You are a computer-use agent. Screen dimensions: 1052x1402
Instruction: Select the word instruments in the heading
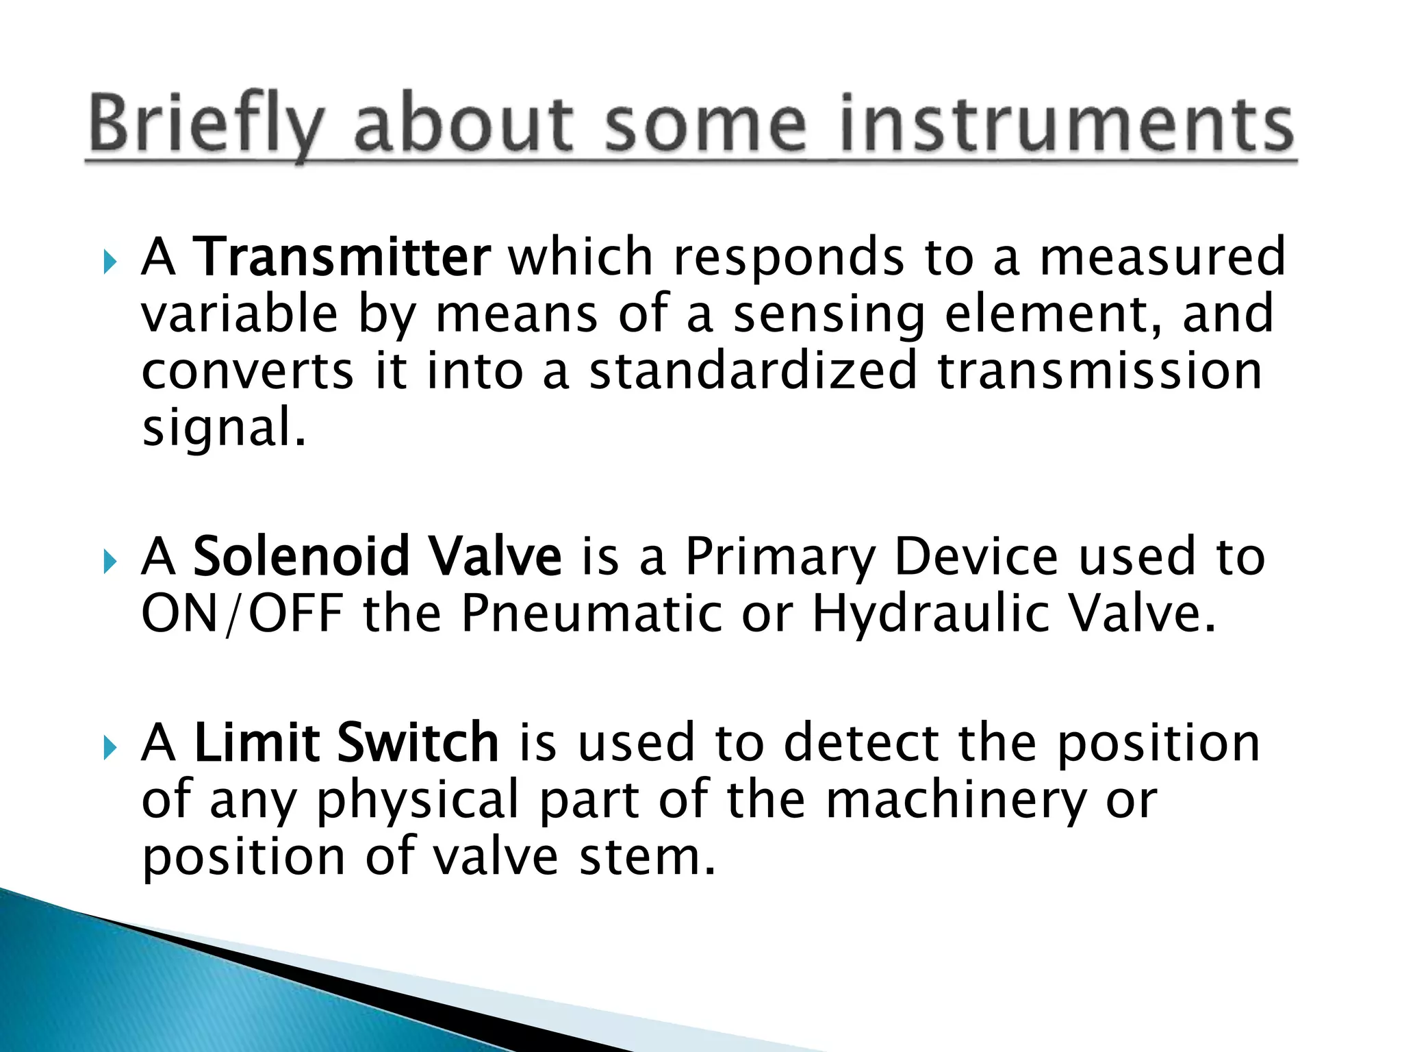click(x=1067, y=125)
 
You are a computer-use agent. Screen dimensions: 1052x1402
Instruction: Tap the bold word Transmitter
click(x=341, y=257)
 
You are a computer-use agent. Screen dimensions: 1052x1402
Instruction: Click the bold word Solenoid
click(x=301, y=556)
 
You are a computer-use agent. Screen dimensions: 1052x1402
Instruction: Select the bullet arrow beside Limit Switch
click(x=110, y=748)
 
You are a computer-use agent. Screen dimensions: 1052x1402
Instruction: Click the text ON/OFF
click(x=242, y=613)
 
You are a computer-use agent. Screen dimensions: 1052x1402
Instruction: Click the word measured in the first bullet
click(x=1162, y=257)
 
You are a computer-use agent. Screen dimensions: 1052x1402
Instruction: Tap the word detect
click(x=861, y=743)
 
